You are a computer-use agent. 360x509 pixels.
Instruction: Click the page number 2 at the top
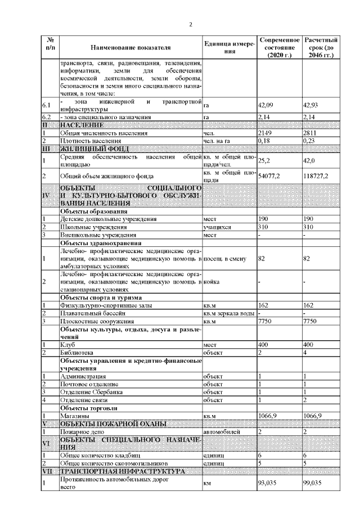(x=190, y=25)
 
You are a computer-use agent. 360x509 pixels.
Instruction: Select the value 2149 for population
(x=264, y=133)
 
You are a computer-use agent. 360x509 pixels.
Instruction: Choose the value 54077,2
(x=268, y=176)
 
